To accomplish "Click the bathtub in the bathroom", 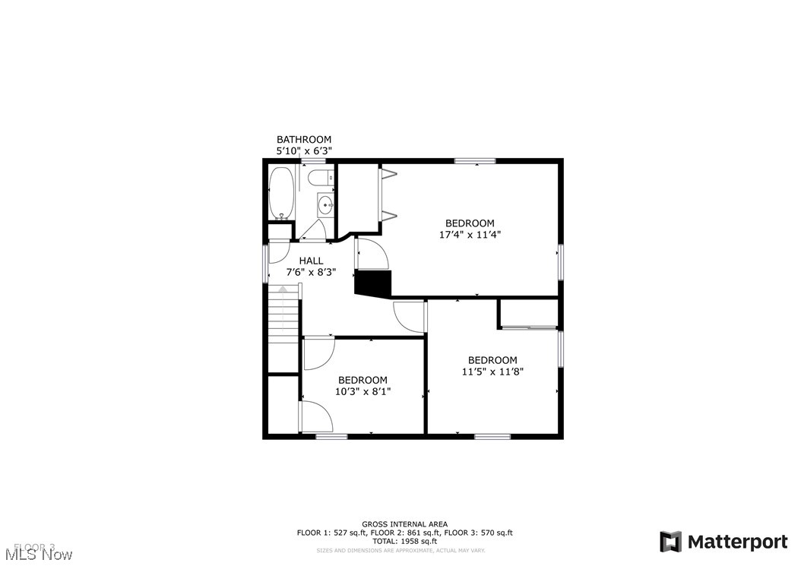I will coord(281,193).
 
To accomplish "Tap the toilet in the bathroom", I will coord(319,179).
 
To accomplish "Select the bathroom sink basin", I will coord(325,204).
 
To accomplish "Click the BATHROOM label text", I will coord(304,140).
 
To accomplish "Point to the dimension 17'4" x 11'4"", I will coord(470,235).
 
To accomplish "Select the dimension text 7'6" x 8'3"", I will coord(311,272).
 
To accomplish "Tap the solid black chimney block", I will coord(373,283).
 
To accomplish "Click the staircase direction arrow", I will coord(283,289).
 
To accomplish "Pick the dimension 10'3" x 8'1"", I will coord(363,392).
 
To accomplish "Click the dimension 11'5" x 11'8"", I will coord(492,372).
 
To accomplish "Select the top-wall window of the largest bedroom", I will coord(475,160).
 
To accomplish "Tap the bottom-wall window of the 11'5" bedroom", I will coord(492,436).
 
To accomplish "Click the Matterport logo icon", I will coord(670,542).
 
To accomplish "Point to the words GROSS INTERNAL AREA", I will coord(404,524).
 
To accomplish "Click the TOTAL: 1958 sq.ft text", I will coord(404,542).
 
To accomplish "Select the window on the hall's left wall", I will coord(265,263).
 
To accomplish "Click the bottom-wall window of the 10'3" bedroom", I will coord(331,436).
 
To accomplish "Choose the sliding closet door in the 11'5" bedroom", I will coord(530,327).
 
